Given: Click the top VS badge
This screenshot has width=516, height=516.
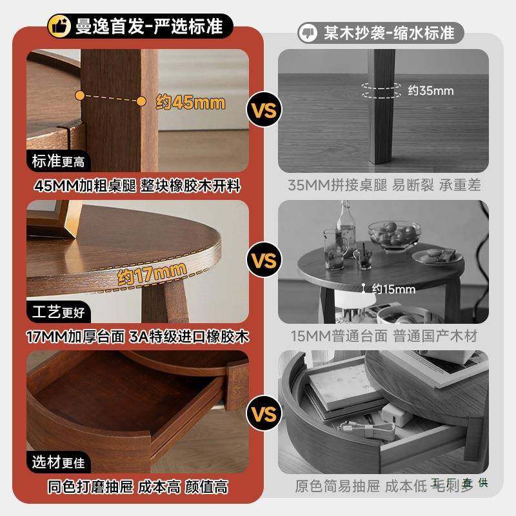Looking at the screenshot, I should pos(264,110).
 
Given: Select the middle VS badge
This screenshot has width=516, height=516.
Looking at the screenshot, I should pos(264,261).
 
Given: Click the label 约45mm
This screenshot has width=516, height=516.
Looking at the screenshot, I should pos(190,102).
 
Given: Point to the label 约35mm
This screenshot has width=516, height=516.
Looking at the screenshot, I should pos(431,90).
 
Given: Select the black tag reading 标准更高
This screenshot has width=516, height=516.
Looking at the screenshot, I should pos(59,161).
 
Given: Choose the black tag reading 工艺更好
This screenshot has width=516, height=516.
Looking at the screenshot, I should pos(59,313).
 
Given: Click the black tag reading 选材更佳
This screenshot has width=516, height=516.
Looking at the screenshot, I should pos(59,462).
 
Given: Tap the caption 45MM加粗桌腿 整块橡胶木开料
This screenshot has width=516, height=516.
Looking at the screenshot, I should pos(138,186).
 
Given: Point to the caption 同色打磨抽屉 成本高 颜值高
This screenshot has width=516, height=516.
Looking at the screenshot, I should pos(138,486).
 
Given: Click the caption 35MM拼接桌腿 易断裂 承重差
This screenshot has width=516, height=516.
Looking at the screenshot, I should pos(384,186).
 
